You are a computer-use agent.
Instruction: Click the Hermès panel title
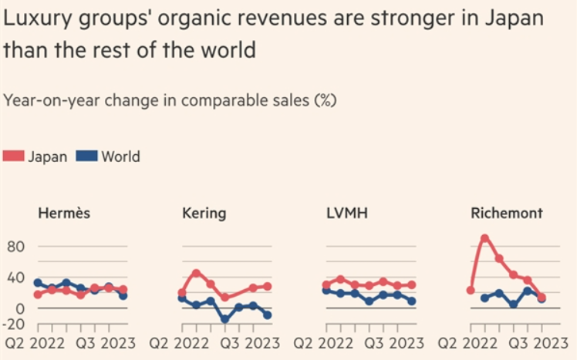tap(64, 214)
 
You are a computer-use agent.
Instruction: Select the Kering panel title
tap(204, 214)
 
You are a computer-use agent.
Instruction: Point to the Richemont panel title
tap(507, 214)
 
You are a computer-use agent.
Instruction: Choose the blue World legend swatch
tap(87, 156)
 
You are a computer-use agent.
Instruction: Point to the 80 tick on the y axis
tap(18, 247)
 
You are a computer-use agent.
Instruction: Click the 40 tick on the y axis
tap(18, 278)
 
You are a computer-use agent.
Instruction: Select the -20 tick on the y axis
tap(16, 324)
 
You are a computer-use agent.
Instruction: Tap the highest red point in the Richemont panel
tap(484, 239)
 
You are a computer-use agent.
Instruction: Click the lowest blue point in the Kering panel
tap(225, 319)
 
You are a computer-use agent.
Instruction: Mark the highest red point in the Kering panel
tap(196, 273)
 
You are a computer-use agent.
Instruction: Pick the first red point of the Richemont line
tap(471, 291)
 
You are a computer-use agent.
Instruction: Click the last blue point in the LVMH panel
tap(412, 301)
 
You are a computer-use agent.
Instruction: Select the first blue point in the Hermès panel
tap(38, 283)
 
